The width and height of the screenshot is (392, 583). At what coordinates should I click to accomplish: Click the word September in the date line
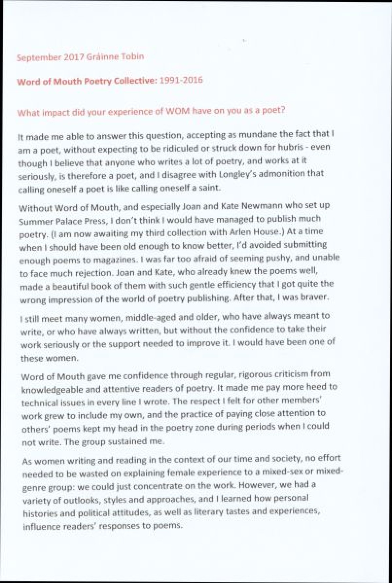coord(39,58)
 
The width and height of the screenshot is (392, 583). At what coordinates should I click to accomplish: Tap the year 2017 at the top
coord(73,57)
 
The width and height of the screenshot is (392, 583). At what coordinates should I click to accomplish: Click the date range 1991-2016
coord(181,80)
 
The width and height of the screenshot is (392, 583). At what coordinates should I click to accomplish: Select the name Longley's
coord(234,174)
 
